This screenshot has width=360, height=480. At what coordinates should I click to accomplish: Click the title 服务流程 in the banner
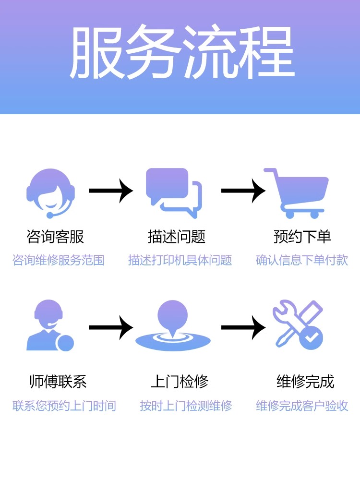click(x=181, y=53)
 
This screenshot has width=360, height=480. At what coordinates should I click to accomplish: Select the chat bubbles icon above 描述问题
click(x=174, y=190)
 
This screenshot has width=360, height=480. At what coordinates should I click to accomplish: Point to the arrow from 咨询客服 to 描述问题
click(x=110, y=191)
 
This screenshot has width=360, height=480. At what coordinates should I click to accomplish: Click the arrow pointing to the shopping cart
click(x=243, y=191)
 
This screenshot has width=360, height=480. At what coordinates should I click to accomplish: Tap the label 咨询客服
click(x=55, y=237)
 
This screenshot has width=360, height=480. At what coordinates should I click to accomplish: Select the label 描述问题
click(x=177, y=237)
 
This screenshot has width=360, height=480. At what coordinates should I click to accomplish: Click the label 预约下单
click(x=302, y=237)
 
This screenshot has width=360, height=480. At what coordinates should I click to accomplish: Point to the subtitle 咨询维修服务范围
click(x=58, y=260)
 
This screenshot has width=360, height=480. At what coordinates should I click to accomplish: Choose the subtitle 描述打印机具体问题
click(x=180, y=260)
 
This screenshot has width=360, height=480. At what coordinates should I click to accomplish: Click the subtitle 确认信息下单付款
click(x=302, y=260)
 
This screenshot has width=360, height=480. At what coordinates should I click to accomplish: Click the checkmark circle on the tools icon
click(x=311, y=338)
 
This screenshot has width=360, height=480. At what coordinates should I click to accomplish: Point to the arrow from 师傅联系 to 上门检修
click(x=110, y=328)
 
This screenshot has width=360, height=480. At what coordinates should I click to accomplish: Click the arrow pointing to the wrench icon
click(x=243, y=328)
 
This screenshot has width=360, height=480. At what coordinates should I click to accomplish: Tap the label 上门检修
click(x=180, y=382)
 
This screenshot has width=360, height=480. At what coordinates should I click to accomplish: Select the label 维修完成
click(x=305, y=382)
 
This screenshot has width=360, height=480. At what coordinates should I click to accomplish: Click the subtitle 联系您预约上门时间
click(x=64, y=406)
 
